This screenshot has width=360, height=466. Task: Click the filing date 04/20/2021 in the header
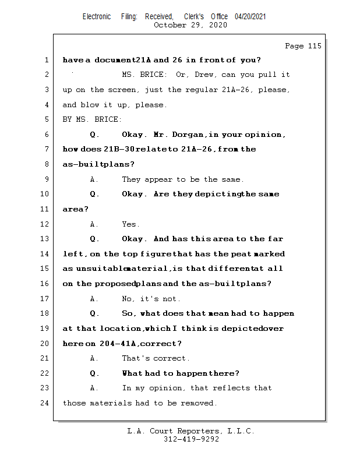click(250, 16)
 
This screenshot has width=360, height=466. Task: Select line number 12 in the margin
click(45, 224)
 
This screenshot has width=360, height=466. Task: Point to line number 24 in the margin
click(45, 403)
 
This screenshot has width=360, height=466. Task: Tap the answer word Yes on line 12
click(130, 224)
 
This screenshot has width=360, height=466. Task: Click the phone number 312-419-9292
click(191, 440)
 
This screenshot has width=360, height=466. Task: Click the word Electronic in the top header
click(97, 16)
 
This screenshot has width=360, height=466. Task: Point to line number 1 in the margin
click(45, 60)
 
